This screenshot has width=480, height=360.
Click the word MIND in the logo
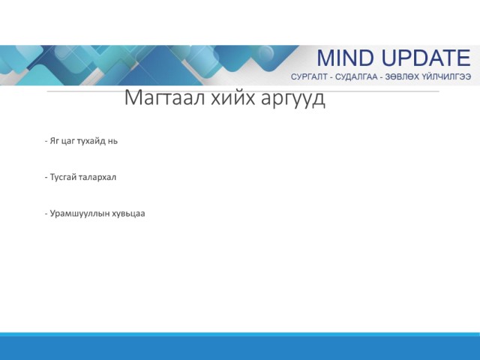(345, 58)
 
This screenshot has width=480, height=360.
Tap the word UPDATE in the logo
(426, 58)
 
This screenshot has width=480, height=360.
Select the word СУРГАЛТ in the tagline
(309, 76)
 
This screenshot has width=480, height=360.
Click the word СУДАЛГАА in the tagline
(356, 76)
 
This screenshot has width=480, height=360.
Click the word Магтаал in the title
(164, 97)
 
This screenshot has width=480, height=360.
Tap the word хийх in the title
(232, 97)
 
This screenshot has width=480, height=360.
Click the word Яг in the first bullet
(54, 141)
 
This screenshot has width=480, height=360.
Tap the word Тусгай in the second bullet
(63, 177)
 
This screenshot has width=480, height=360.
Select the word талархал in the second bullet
(97, 177)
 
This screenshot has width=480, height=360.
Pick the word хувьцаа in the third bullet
(128, 214)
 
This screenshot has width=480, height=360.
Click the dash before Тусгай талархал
(46, 177)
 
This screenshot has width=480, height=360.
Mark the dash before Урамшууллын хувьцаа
(46, 213)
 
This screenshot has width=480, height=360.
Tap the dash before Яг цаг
(46, 141)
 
